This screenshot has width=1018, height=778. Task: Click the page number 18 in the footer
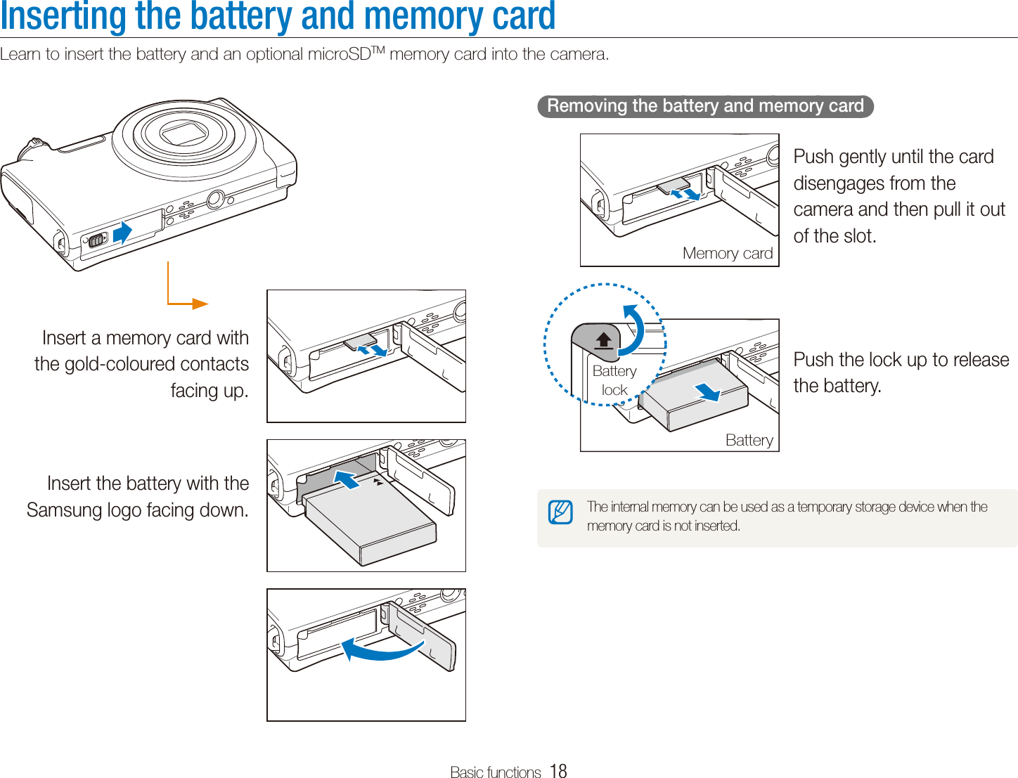pyautogui.click(x=558, y=771)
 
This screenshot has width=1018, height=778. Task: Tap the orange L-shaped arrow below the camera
pyautogui.click(x=184, y=295)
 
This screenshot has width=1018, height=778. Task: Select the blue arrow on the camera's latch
pyautogui.click(x=122, y=233)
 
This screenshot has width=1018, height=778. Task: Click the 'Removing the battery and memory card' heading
pyautogui.click(x=705, y=106)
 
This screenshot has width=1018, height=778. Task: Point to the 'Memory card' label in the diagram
pyautogui.click(x=728, y=253)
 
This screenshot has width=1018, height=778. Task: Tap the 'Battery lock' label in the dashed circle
pyautogui.click(x=614, y=380)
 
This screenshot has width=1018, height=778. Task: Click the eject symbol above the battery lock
pyautogui.click(x=603, y=342)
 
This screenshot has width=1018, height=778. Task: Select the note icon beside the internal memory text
pyautogui.click(x=560, y=512)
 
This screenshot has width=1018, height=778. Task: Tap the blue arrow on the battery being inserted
pyautogui.click(x=347, y=480)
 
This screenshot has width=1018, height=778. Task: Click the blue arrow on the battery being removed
pyautogui.click(x=708, y=391)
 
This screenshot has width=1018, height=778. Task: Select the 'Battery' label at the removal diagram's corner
pyautogui.click(x=749, y=441)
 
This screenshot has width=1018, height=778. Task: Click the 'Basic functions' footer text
pyautogui.click(x=495, y=772)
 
